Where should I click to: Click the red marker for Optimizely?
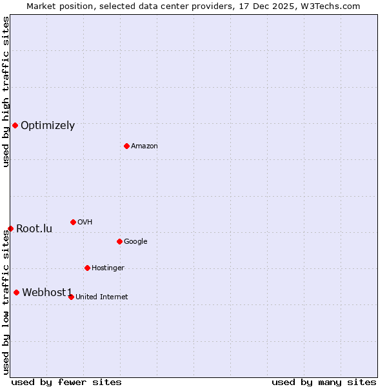click(x=15, y=125)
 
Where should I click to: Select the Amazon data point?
click(x=126, y=146)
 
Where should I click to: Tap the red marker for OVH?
click(x=73, y=222)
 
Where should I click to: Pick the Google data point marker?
click(x=119, y=241)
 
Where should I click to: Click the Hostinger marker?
click(x=87, y=268)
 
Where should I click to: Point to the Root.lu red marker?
click(x=10, y=228)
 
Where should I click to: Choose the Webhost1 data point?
click(x=16, y=292)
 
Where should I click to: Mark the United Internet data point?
click(x=71, y=297)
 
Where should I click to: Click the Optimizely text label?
click(x=48, y=126)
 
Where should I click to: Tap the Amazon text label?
click(x=144, y=146)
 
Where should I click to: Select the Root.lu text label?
click(x=34, y=229)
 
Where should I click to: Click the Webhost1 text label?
click(x=47, y=293)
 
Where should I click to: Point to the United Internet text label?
click(x=102, y=297)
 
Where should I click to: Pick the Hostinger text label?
click(x=108, y=268)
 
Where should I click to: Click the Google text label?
click(x=135, y=242)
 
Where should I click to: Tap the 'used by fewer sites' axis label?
click(x=66, y=382)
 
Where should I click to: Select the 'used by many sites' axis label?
click(x=324, y=382)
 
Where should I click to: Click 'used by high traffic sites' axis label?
click(x=6, y=92)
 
